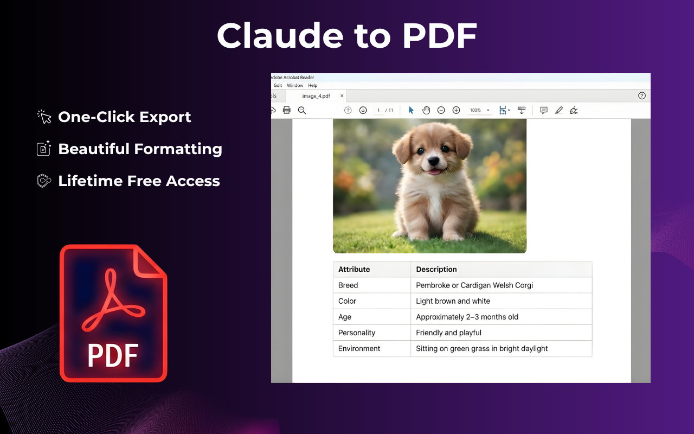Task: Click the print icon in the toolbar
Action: point(287,110)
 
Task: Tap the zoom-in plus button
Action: point(456,110)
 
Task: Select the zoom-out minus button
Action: point(441,110)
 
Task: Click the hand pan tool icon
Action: point(426,110)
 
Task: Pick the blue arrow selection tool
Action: point(411,110)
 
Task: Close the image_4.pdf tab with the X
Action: point(342,96)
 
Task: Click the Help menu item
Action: point(313,85)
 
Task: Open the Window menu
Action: point(294,85)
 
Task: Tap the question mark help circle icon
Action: point(641,96)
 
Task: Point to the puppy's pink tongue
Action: point(434,172)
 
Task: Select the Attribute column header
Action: point(354,270)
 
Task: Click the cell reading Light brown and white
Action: point(453,301)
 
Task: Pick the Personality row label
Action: point(357,333)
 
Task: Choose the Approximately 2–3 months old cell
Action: point(467,317)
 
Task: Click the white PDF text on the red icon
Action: point(113,355)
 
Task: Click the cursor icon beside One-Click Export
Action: point(44,117)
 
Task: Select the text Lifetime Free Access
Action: point(139,181)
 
